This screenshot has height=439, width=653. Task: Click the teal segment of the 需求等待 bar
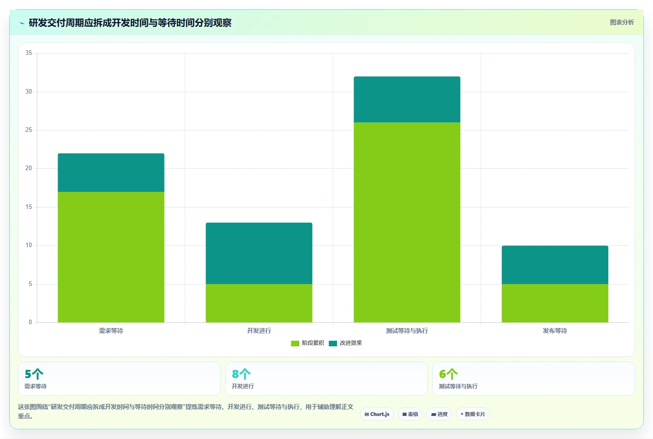[x=111, y=172]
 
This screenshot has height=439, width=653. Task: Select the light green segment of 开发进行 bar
[x=259, y=303]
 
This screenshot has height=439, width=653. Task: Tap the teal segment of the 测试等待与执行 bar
[x=407, y=100]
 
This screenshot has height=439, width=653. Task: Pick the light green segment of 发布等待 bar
[x=555, y=303]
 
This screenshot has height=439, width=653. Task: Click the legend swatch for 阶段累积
[x=295, y=344]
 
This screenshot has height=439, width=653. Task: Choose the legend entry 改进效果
[x=345, y=343]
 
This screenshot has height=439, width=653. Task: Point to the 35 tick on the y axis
[x=29, y=53]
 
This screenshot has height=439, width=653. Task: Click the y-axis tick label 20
[x=29, y=168]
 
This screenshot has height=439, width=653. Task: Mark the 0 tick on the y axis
[x=30, y=322]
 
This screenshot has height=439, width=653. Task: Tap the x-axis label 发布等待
[x=555, y=331]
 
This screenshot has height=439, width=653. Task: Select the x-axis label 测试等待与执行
[x=407, y=331]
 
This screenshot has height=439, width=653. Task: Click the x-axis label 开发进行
[x=259, y=331]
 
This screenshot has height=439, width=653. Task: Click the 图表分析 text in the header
[x=622, y=23]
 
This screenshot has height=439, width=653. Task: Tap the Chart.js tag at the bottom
[x=377, y=414]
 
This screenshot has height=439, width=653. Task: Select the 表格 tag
[x=410, y=414]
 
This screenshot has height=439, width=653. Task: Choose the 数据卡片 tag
[x=472, y=414]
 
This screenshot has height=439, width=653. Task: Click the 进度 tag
[x=439, y=414]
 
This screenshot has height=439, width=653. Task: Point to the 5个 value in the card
[x=34, y=374]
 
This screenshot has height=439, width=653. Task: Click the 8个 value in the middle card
[x=241, y=374]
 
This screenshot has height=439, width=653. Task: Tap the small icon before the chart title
[x=22, y=23]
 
